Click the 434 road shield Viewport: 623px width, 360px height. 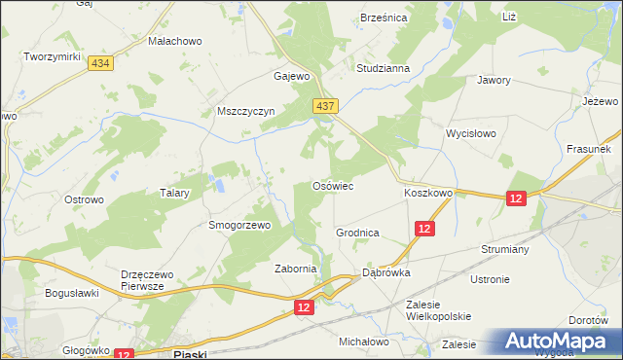(98, 62)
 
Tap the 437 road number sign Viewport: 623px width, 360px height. (325, 105)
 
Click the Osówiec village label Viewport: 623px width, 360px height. (331, 186)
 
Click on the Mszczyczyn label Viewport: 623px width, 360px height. (247, 111)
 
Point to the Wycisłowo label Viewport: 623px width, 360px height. (471, 132)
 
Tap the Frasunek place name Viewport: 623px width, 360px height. (588, 150)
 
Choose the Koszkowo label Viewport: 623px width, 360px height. (428, 194)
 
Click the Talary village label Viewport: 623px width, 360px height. (173, 194)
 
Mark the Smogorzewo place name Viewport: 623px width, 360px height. (238, 225)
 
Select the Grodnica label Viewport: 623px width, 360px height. (357, 234)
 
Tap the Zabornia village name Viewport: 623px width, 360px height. (296, 270)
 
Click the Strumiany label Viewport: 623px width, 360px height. (504, 249)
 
